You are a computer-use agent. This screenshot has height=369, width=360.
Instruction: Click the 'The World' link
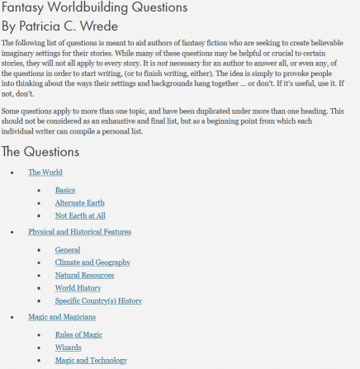[x=45, y=173]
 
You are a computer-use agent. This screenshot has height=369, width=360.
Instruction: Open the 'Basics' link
[x=65, y=190]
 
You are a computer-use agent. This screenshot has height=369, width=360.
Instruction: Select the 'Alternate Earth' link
[x=79, y=203]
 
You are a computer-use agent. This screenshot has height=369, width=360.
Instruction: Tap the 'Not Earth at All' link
[x=80, y=215]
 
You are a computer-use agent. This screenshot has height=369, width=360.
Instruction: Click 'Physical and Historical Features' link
[x=79, y=232]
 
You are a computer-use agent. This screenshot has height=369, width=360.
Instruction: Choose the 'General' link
[x=68, y=249]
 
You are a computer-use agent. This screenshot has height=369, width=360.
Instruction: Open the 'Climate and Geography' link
[x=92, y=263]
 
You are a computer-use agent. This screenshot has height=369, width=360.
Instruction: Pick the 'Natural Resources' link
[x=84, y=275]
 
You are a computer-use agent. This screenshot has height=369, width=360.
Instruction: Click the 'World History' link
[x=78, y=288]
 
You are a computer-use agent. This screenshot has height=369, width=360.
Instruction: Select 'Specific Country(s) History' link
[x=98, y=300]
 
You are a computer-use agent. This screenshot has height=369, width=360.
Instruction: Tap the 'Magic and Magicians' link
[x=62, y=317]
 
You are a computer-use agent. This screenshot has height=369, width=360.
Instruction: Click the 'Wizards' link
[x=68, y=348]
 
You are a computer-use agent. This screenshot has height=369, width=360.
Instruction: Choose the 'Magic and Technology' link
[x=91, y=360]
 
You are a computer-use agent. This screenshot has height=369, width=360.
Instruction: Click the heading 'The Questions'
[x=40, y=151]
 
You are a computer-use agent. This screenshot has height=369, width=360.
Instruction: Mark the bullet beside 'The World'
[x=11, y=173]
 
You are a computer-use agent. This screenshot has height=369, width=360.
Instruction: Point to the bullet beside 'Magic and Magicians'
[x=11, y=317]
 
